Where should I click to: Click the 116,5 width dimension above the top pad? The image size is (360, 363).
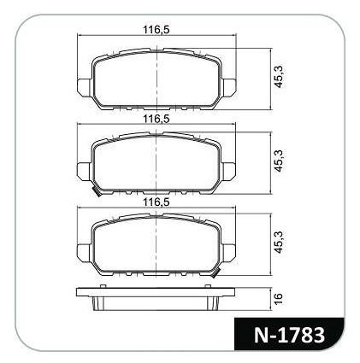click(x=156, y=29)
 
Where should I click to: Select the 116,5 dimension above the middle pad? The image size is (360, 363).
click(x=156, y=119)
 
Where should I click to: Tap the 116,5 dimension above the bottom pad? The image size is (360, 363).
click(x=156, y=202)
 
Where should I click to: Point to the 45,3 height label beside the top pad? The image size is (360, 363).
click(x=279, y=77)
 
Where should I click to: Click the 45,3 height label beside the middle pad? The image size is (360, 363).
click(x=279, y=161)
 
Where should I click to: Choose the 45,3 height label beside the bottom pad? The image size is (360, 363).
click(x=279, y=242)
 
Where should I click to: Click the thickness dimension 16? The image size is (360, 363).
click(x=279, y=298)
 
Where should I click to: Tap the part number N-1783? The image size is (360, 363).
click(x=289, y=335)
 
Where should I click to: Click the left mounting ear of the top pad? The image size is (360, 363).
click(x=85, y=87)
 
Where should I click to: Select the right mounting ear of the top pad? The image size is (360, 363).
click(x=229, y=87)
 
